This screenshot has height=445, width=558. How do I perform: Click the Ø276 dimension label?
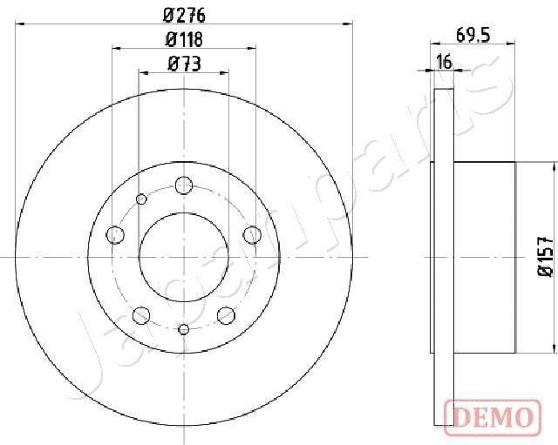pyautogui.click(x=184, y=14)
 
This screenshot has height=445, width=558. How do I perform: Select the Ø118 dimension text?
pyautogui.click(x=184, y=38)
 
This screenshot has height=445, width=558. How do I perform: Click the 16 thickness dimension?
pyautogui.click(x=445, y=62)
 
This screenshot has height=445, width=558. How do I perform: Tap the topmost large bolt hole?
pyautogui.click(x=183, y=185)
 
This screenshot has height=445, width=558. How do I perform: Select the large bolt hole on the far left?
pyautogui.click(x=114, y=233)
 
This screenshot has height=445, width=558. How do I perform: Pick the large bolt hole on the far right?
pyautogui.click(x=253, y=233)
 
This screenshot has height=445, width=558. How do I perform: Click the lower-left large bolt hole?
pyautogui.click(x=140, y=314)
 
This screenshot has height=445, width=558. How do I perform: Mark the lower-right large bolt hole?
pyautogui.click(x=226, y=314)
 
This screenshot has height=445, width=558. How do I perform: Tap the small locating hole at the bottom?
pyautogui.click(x=183, y=328)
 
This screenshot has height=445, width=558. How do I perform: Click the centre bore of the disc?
pyautogui.click(x=183, y=257)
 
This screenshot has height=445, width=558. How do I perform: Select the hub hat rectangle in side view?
pyautogui.click(x=485, y=257)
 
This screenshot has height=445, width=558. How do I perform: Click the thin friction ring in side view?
pyautogui.click(x=444, y=257)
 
